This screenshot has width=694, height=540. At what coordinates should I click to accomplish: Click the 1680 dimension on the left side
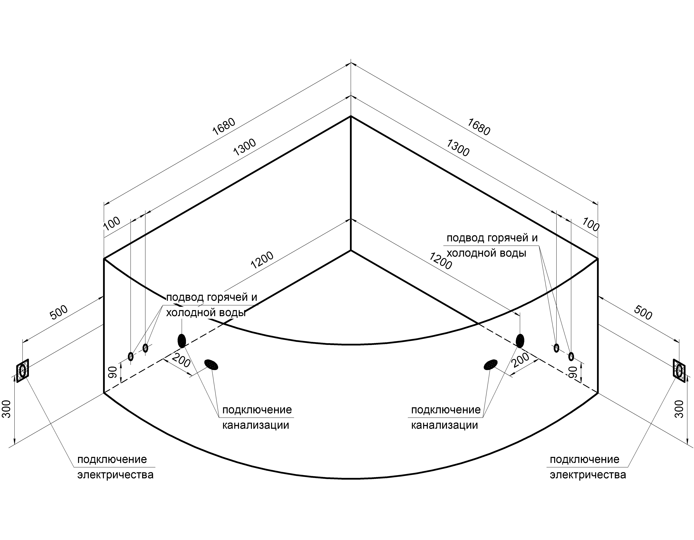tap(224, 127)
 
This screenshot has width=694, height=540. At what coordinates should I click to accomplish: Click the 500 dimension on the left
tap(59, 312)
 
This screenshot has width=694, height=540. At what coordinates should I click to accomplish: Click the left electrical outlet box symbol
tap(23, 371)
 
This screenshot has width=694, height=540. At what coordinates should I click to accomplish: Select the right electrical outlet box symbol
tap(679, 371)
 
